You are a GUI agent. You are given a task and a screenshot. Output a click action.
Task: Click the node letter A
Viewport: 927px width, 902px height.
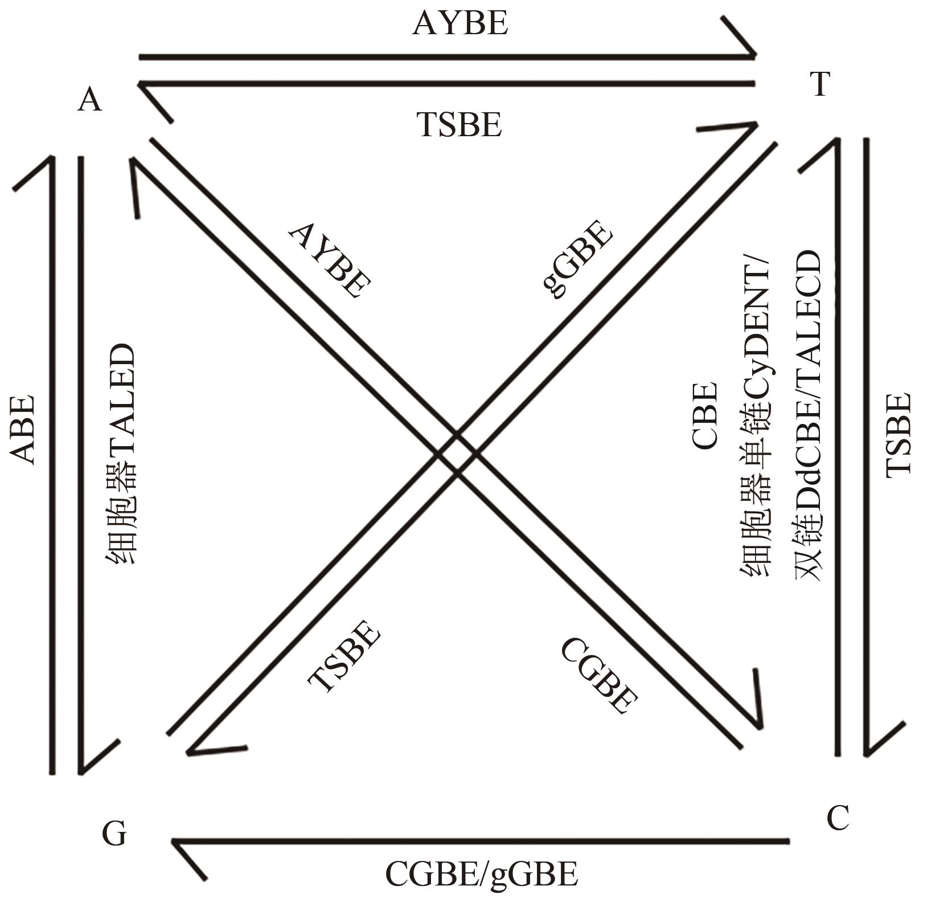[90, 101]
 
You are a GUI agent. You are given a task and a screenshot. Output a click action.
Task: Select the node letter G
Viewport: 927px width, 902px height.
[114, 834]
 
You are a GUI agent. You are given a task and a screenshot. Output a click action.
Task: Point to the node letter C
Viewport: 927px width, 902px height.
[838, 819]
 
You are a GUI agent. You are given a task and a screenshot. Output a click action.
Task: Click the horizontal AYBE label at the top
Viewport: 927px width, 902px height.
[460, 25]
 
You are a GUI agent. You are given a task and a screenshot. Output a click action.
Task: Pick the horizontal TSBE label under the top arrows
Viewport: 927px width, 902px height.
[460, 125]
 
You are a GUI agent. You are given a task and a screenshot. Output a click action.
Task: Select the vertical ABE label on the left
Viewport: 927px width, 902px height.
[23, 430]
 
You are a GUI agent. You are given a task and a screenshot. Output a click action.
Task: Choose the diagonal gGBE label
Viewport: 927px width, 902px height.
[577, 260]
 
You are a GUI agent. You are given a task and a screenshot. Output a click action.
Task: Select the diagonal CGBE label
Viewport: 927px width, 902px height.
[599, 675]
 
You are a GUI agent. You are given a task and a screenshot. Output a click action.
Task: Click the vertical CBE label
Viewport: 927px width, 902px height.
[704, 415]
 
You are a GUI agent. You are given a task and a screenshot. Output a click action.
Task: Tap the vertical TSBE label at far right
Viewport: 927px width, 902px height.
[900, 433]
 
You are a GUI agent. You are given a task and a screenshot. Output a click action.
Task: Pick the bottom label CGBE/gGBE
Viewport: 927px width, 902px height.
[482, 875]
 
